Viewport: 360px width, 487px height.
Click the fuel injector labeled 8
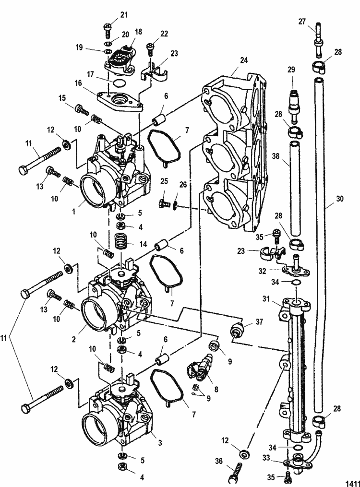[x=202, y=367]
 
